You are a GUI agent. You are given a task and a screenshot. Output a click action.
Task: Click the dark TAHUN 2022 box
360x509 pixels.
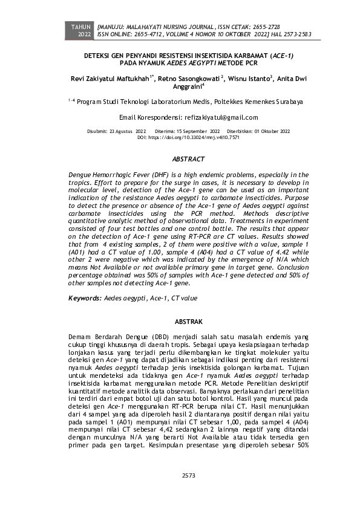click(x=80, y=31)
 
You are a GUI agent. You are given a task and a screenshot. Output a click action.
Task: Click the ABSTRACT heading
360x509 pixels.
click(x=185, y=159)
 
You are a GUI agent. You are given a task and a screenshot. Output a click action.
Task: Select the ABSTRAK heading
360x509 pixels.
click(x=185, y=321)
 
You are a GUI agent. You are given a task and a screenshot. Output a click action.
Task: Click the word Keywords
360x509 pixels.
click(x=84, y=298)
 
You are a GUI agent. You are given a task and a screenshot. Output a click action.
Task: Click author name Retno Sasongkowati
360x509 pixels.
click(x=191, y=79)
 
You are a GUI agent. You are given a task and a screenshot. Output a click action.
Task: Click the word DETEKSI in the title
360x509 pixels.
click(x=99, y=54)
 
